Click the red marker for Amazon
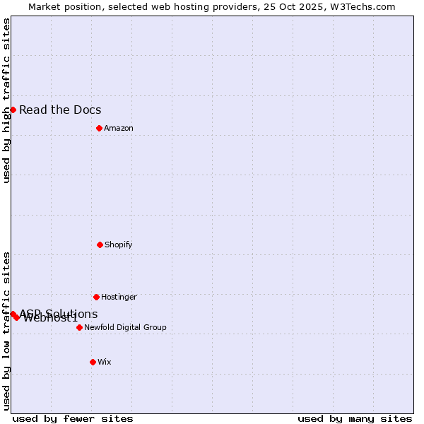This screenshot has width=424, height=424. tap(99, 128)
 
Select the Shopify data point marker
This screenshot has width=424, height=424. tap(100, 245)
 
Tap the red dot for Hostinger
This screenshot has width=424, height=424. tap(96, 297)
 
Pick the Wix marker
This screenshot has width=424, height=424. tap(93, 362)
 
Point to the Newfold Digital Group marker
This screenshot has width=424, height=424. tap(79, 327)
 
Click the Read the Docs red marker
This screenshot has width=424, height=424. tap(13, 110)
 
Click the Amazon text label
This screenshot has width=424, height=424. tap(119, 128)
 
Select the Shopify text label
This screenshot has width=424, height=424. tap(119, 245)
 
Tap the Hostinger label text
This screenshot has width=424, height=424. tap(119, 297)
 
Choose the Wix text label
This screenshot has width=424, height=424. tap(105, 362)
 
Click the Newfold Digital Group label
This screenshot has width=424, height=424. tap(125, 327)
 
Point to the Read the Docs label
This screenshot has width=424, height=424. tap(60, 110)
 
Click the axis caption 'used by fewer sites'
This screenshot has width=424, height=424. tap(73, 418)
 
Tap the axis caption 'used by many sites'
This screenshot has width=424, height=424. tap(355, 418)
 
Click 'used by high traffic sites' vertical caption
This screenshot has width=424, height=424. tap(6, 100)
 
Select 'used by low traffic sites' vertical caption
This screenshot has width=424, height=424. tap(6, 331)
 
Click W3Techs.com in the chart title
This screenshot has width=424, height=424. tap(361, 6)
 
